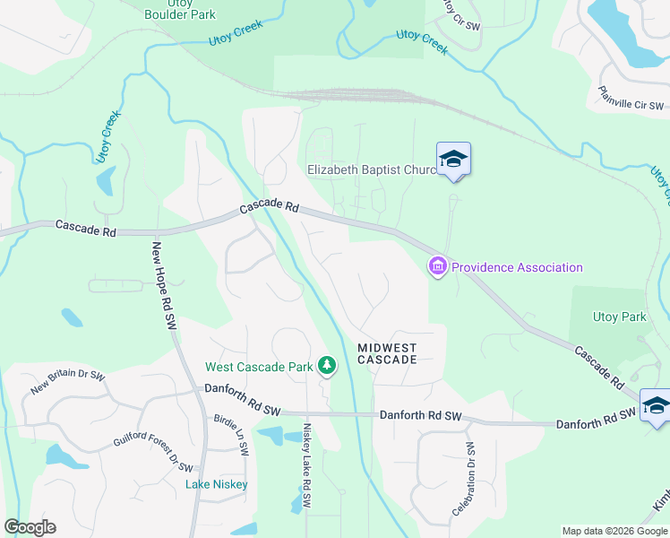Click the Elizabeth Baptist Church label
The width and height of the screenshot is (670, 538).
[x=371, y=169]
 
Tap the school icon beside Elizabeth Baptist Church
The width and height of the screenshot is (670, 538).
[x=453, y=160]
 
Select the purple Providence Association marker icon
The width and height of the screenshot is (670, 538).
[x=438, y=267]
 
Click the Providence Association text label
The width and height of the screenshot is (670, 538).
[x=517, y=267]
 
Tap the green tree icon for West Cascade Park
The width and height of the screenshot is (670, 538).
[x=328, y=366]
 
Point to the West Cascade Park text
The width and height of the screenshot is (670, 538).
[x=260, y=367]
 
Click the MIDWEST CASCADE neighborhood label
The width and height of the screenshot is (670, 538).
[x=387, y=353]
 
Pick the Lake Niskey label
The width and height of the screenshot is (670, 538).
[x=217, y=484]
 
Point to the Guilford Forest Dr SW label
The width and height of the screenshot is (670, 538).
[x=153, y=453]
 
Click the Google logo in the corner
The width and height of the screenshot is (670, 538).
[x=30, y=527]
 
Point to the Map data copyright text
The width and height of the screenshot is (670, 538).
[x=614, y=531]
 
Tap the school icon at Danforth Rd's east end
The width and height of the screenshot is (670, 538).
[x=656, y=404]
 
